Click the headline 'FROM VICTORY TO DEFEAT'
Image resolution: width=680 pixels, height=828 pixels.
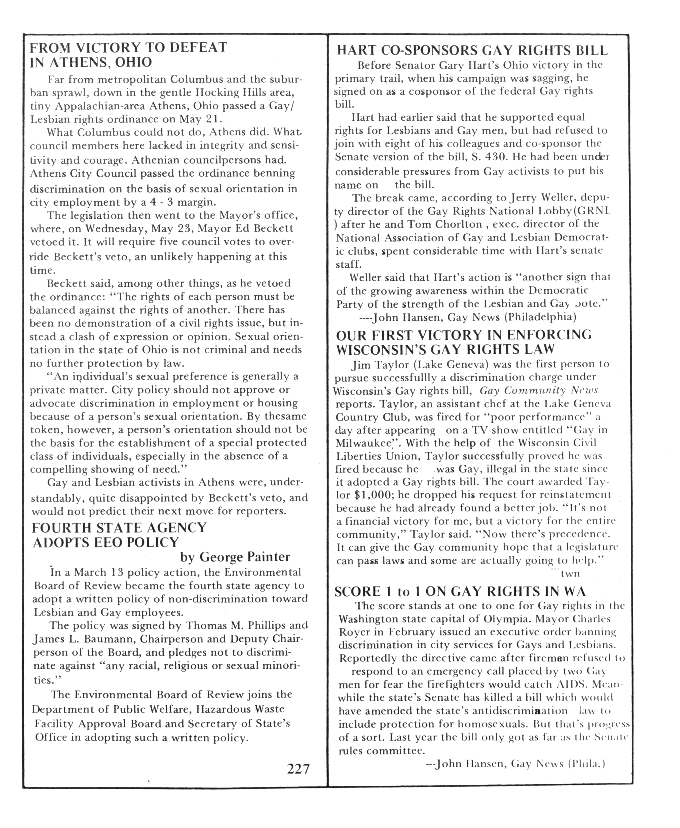point(129,47)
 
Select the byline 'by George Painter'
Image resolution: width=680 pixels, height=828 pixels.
point(235,557)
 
